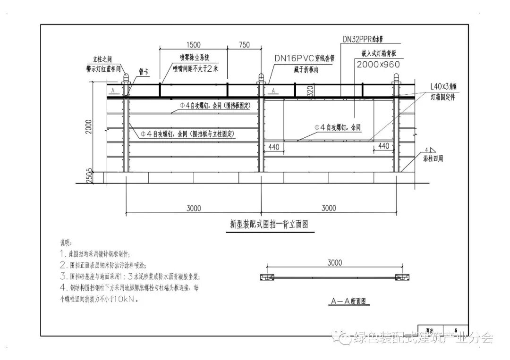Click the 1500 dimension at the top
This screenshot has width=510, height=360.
(194, 45)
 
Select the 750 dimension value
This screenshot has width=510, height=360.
(244, 45)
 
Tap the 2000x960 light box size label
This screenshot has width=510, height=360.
(378, 64)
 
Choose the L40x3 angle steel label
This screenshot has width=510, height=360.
(443, 87)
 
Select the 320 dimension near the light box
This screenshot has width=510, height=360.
(310, 91)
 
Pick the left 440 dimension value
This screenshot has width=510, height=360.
(273, 147)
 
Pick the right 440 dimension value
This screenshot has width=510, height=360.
(384, 146)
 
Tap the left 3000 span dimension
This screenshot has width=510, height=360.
(194, 208)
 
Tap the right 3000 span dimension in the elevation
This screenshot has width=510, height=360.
(329, 208)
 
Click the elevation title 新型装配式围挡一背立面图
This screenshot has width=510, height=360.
(269, 225)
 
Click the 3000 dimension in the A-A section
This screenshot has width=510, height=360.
(334, 262)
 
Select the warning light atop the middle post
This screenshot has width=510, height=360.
(260, 78)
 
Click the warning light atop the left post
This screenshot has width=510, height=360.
(125, 78)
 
